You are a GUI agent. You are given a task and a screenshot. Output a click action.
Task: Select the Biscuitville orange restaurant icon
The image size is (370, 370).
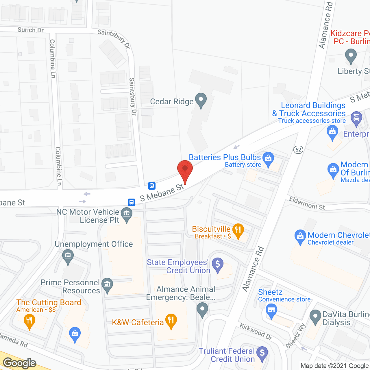click(238, 230)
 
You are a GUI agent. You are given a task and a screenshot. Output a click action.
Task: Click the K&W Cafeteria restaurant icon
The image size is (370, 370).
click(171, 320)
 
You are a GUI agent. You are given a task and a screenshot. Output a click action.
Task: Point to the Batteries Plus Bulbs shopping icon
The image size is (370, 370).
click(268, 158)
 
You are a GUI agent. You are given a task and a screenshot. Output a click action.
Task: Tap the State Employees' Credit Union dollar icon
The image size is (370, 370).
click(218, 264)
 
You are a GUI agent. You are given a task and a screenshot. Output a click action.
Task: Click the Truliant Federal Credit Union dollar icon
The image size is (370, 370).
click(262, 353)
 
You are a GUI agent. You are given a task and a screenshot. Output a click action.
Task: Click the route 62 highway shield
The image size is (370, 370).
click(298, 150)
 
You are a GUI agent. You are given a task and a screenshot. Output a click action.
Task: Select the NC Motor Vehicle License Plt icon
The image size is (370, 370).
click(126, 214)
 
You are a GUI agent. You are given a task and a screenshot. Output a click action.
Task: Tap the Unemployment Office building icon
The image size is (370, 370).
click(68, 256)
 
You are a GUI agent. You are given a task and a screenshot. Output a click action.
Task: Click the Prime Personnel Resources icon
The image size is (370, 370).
click(108, 284)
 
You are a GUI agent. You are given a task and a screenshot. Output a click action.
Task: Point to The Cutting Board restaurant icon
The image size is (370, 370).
click(29, 321)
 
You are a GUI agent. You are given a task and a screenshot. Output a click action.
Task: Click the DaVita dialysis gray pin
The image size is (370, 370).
click(315, 317)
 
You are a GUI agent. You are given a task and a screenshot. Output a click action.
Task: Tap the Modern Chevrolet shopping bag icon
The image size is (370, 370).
click(300, 236)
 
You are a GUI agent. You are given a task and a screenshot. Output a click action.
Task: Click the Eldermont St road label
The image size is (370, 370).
click(307, 203)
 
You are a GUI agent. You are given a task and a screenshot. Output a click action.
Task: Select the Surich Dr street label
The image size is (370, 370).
click(30, 30)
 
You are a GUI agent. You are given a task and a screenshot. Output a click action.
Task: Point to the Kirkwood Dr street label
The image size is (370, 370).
click(256, 332)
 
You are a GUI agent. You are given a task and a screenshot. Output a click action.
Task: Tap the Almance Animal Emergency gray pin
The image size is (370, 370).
click(202, 309)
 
